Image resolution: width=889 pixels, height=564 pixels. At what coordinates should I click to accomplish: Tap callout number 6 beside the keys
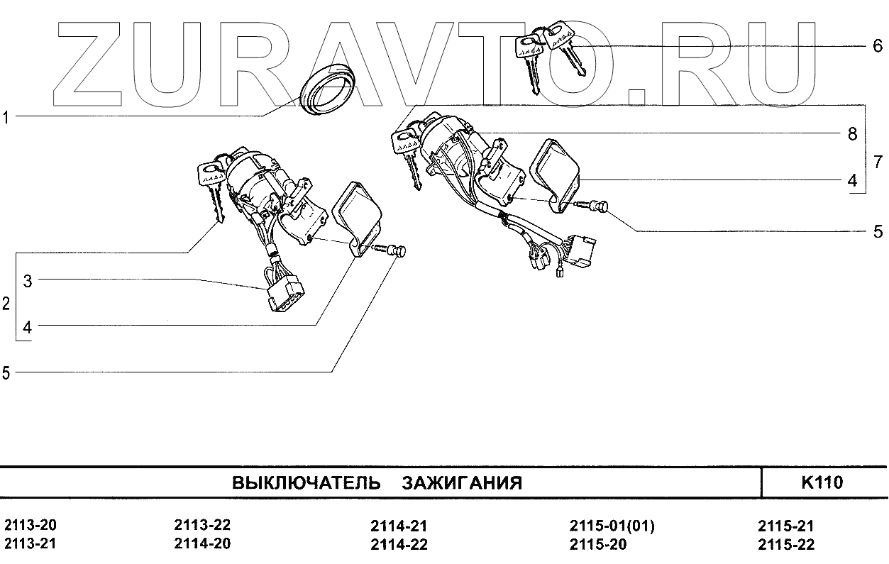click(878, 47)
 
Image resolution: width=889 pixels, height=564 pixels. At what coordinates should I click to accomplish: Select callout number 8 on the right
click(852, 133)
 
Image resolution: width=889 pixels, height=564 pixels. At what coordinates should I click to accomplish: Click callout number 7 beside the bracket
click(878, 161)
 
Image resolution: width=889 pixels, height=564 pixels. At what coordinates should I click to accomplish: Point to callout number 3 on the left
click(28, 281)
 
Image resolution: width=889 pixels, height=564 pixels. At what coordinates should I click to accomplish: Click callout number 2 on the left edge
click(6, 304)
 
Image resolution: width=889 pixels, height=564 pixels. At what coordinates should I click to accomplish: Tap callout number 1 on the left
click(6, 117)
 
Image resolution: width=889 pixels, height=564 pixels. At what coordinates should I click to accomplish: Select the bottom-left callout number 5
click(6, 373)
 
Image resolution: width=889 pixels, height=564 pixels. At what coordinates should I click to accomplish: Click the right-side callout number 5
click(878, 231)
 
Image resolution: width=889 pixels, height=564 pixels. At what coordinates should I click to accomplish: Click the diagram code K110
click(822, 483)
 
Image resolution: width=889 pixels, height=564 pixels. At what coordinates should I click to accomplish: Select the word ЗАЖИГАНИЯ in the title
click(462, 484)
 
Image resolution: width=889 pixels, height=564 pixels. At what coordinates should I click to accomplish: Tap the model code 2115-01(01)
click(612, 526)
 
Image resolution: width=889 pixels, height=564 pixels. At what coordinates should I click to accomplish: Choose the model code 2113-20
click(31, 526)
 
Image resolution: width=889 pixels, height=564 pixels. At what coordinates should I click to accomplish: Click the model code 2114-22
click(399, 545)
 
